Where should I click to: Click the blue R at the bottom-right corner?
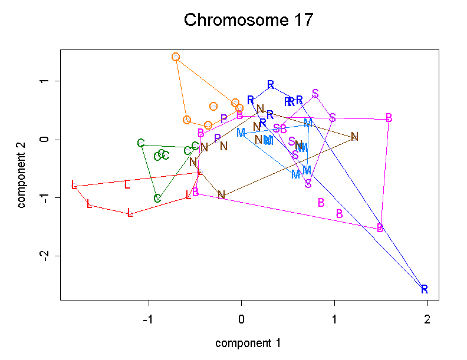coord(425,289)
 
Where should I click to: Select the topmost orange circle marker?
coord(176,57)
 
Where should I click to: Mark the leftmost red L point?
coord(74,185)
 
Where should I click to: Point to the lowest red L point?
coord(130,213)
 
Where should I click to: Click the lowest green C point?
coord(157,198)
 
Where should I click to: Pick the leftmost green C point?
coord(141,143)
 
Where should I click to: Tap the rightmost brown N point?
coord(354,137)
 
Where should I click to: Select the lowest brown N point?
coord(221,195)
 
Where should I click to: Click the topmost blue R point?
coord(271,85)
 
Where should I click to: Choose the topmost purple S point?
coord(315,94)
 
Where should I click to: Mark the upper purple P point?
coord(224,119)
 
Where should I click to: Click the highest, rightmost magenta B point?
coord(389,118)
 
